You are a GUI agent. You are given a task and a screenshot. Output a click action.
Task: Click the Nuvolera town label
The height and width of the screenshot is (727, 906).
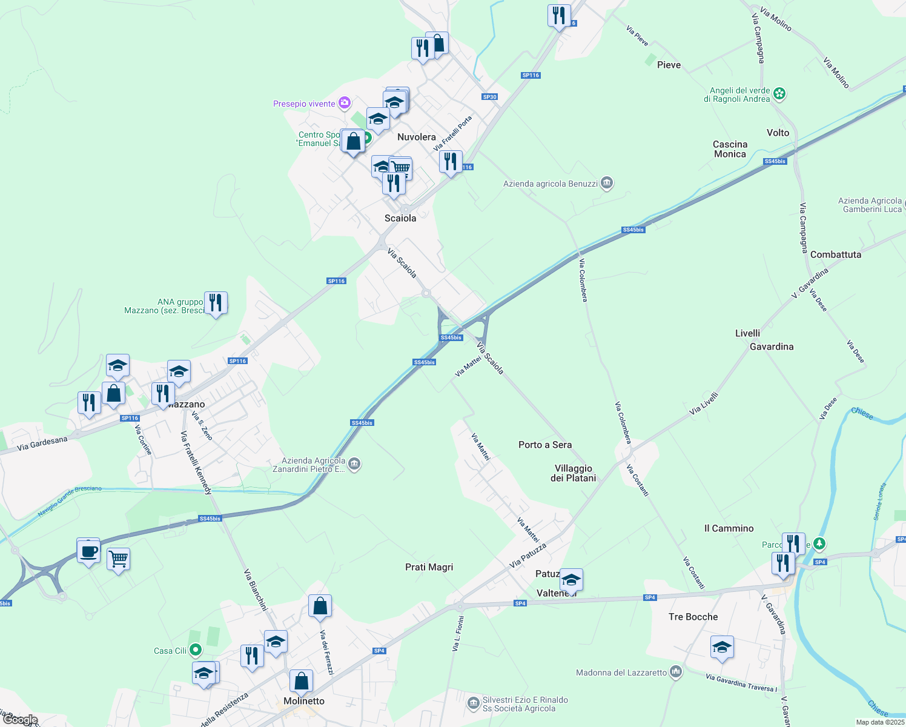tap(416, 137)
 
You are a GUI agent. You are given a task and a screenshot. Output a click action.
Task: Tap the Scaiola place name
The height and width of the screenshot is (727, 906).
tap(400, 218)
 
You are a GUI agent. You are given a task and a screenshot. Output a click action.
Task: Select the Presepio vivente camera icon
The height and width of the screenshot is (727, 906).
tap(345, 104)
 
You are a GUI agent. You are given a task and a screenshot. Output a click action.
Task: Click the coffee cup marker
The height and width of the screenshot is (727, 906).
tap(89, 551)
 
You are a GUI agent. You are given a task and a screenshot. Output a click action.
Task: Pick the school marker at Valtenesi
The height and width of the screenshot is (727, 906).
tap(571, 580)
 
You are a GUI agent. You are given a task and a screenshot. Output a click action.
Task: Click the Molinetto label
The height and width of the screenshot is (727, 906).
tap(304, 701)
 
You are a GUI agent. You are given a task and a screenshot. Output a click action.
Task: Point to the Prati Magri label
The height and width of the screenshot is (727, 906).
tap(429, 567)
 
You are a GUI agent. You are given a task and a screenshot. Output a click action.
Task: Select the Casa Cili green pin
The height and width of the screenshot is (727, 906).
tap(195, 651)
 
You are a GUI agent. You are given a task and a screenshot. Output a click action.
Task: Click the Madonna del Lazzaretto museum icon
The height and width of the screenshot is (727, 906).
tap(676, 672)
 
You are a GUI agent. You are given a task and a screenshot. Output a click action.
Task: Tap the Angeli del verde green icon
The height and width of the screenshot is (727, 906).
tap(779, 94)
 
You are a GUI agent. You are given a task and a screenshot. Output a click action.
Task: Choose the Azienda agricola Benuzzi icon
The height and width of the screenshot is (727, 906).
tap(607, 184)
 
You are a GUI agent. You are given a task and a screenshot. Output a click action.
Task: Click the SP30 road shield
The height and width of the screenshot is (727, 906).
tap(489, 97)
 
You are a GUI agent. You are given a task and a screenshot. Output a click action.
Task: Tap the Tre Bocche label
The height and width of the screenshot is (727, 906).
tap(693, 617)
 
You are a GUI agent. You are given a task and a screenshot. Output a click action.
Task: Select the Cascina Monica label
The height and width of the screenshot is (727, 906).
tap(730, 149)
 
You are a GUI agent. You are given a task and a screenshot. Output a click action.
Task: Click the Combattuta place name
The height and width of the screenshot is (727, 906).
tap(835, 254)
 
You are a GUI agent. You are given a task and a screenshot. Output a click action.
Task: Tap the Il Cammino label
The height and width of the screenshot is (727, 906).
tap(729, 528)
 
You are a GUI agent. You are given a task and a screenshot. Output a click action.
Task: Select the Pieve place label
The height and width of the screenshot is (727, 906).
tap(669, 65)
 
